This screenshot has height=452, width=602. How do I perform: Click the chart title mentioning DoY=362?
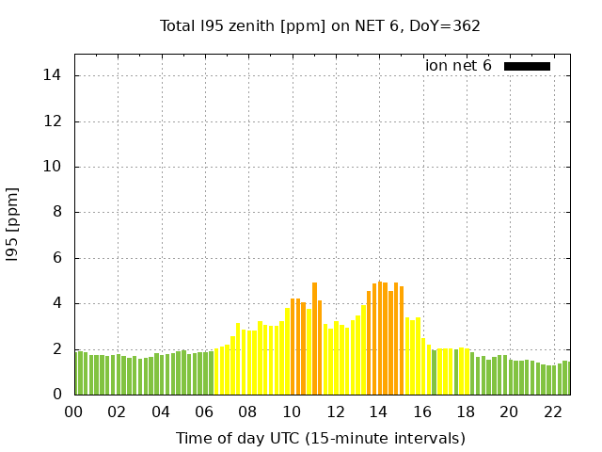tap(321, 25)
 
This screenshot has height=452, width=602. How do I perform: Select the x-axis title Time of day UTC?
tap(320, 438)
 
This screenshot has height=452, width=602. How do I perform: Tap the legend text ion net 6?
tap(458, 66)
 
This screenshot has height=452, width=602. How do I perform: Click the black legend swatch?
tap(527, 66)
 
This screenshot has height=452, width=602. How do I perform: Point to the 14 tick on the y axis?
tap(55, 75)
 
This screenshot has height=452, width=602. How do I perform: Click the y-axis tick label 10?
tap(55, 167)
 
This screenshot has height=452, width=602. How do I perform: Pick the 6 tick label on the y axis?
tap(58, 258)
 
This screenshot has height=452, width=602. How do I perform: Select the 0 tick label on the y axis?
tap(58, 395)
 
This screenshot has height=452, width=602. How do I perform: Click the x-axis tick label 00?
tap(73, 412)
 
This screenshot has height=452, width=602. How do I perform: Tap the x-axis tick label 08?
tap(247, 412)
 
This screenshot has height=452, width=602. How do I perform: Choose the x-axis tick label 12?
tap(335, 412)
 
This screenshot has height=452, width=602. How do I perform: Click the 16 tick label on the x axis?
tap(421, 412)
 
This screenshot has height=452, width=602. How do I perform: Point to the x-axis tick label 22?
tap(552, 412)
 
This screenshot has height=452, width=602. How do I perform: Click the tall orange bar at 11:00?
tap(314, 339)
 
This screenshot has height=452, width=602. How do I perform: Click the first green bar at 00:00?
tap(76, 373)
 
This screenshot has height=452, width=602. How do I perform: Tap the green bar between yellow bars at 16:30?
tap(434, 372)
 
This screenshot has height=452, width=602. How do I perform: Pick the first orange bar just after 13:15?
tap(369, 343)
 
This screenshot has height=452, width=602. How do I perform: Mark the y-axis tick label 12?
tap(55, 121)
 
